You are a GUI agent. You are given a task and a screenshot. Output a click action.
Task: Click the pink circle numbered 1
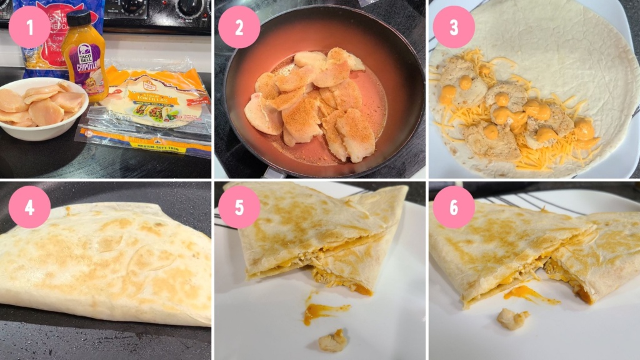(29, 27)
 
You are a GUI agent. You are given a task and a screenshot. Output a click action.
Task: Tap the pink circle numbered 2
(239, 27)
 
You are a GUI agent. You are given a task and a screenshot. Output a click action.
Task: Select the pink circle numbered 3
(454, 27)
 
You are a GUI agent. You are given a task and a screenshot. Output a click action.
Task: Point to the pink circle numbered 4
(29, 207)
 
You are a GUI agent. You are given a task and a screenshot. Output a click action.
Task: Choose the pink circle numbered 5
(239, 207)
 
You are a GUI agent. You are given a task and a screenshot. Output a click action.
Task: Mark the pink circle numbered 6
(454, 207)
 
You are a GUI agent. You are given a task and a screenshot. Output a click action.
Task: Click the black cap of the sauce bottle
(79, 18)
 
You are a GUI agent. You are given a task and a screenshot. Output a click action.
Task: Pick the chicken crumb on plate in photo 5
(332, 340)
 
